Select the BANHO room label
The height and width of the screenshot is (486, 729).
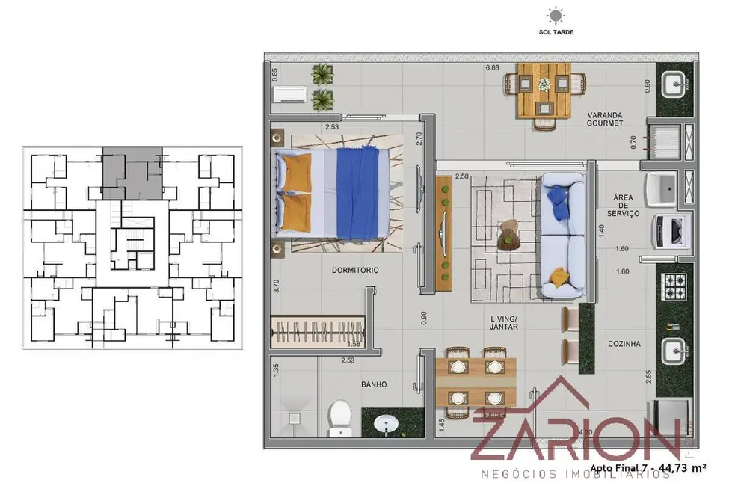click(373, 384)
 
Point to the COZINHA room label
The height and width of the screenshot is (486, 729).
click(624, 345)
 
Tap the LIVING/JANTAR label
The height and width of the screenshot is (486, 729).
click(504, 322)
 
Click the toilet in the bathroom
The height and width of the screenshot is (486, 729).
click(340, 416)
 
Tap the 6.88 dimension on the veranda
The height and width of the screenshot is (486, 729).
click(492, 69)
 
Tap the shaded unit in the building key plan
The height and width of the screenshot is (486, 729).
click(131, 171)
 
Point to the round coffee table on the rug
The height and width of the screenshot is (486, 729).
click(511, 236)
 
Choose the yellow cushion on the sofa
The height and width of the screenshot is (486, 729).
click(557, 277)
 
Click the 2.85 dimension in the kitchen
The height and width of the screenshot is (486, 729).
click(649, 376)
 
